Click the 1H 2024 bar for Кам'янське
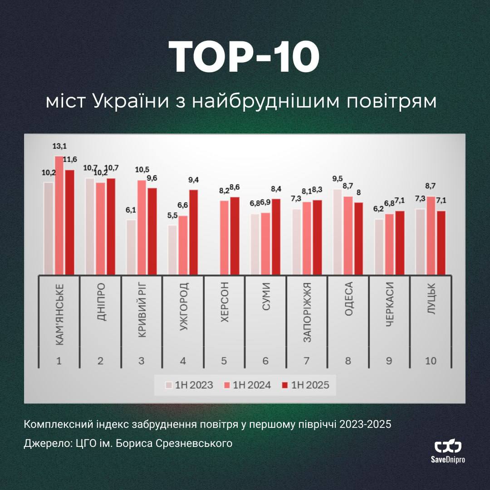[x=59, y=215]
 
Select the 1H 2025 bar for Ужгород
[x=194, y=232]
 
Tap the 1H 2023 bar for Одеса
[x=337, y=231]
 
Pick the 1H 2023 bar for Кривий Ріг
[x=131, y=247]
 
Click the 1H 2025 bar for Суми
[x=276, y=236]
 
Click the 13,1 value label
[x=59, y=147]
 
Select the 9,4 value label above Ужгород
[x=194, y=181]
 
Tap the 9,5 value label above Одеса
[x=337, y=180]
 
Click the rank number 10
[x=431, y=361]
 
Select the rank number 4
[x=183, y=361]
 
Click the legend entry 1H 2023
[x=189, y=385]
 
